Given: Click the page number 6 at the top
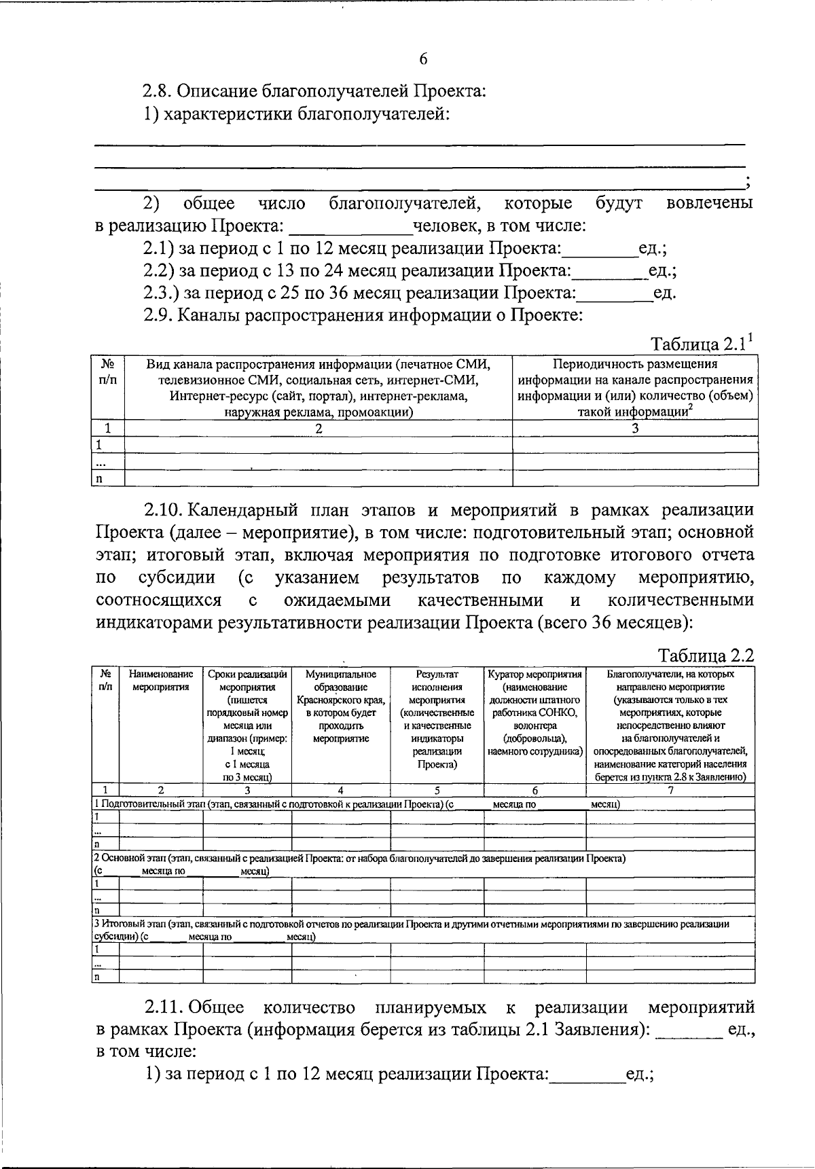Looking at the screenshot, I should pyautogui.click(x=423, y=59).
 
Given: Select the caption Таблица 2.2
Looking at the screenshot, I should pyautogui.click(x=706, y=656).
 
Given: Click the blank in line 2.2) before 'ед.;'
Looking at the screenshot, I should pyautogui.click(x=609, y=271).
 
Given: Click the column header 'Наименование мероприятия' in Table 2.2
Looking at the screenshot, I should pyautogui.click(x=160, y=680).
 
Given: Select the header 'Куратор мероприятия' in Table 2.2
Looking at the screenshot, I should pyautogui.click(x=535, y=675).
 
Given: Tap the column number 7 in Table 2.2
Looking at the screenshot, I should pyautogui.click(x=670, y=790).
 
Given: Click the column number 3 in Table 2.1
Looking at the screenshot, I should pyautogui.click(x=635, y=429).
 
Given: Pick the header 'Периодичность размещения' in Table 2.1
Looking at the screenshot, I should pyautogui.click(x=635, y=364).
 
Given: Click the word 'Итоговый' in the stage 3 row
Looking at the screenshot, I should pyautogui.click(x=119, y=924).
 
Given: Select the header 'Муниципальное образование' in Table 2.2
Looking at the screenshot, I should pyautogui.click(x=340, y=680).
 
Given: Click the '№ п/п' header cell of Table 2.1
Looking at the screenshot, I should pyautogui.click(x=107, y=372).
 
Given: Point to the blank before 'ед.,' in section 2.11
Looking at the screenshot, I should pyautogui.click(x=689, y=1030).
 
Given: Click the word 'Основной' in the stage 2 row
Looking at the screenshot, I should pyautogui.click(x=120, y=859).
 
